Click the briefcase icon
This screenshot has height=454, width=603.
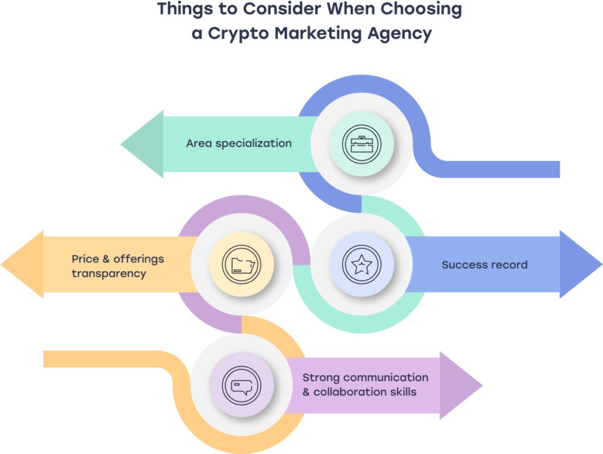(362, 143)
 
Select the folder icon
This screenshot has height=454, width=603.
(240, 265)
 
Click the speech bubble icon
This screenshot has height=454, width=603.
(241, 385)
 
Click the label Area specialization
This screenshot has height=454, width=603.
(238, 143)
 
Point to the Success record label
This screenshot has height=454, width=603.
(484, 264)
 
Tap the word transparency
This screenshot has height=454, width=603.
(109, 274)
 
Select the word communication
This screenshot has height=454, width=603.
(386, 377)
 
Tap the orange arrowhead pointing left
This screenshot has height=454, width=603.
(24, 264)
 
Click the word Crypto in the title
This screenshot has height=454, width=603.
(230, 34)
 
